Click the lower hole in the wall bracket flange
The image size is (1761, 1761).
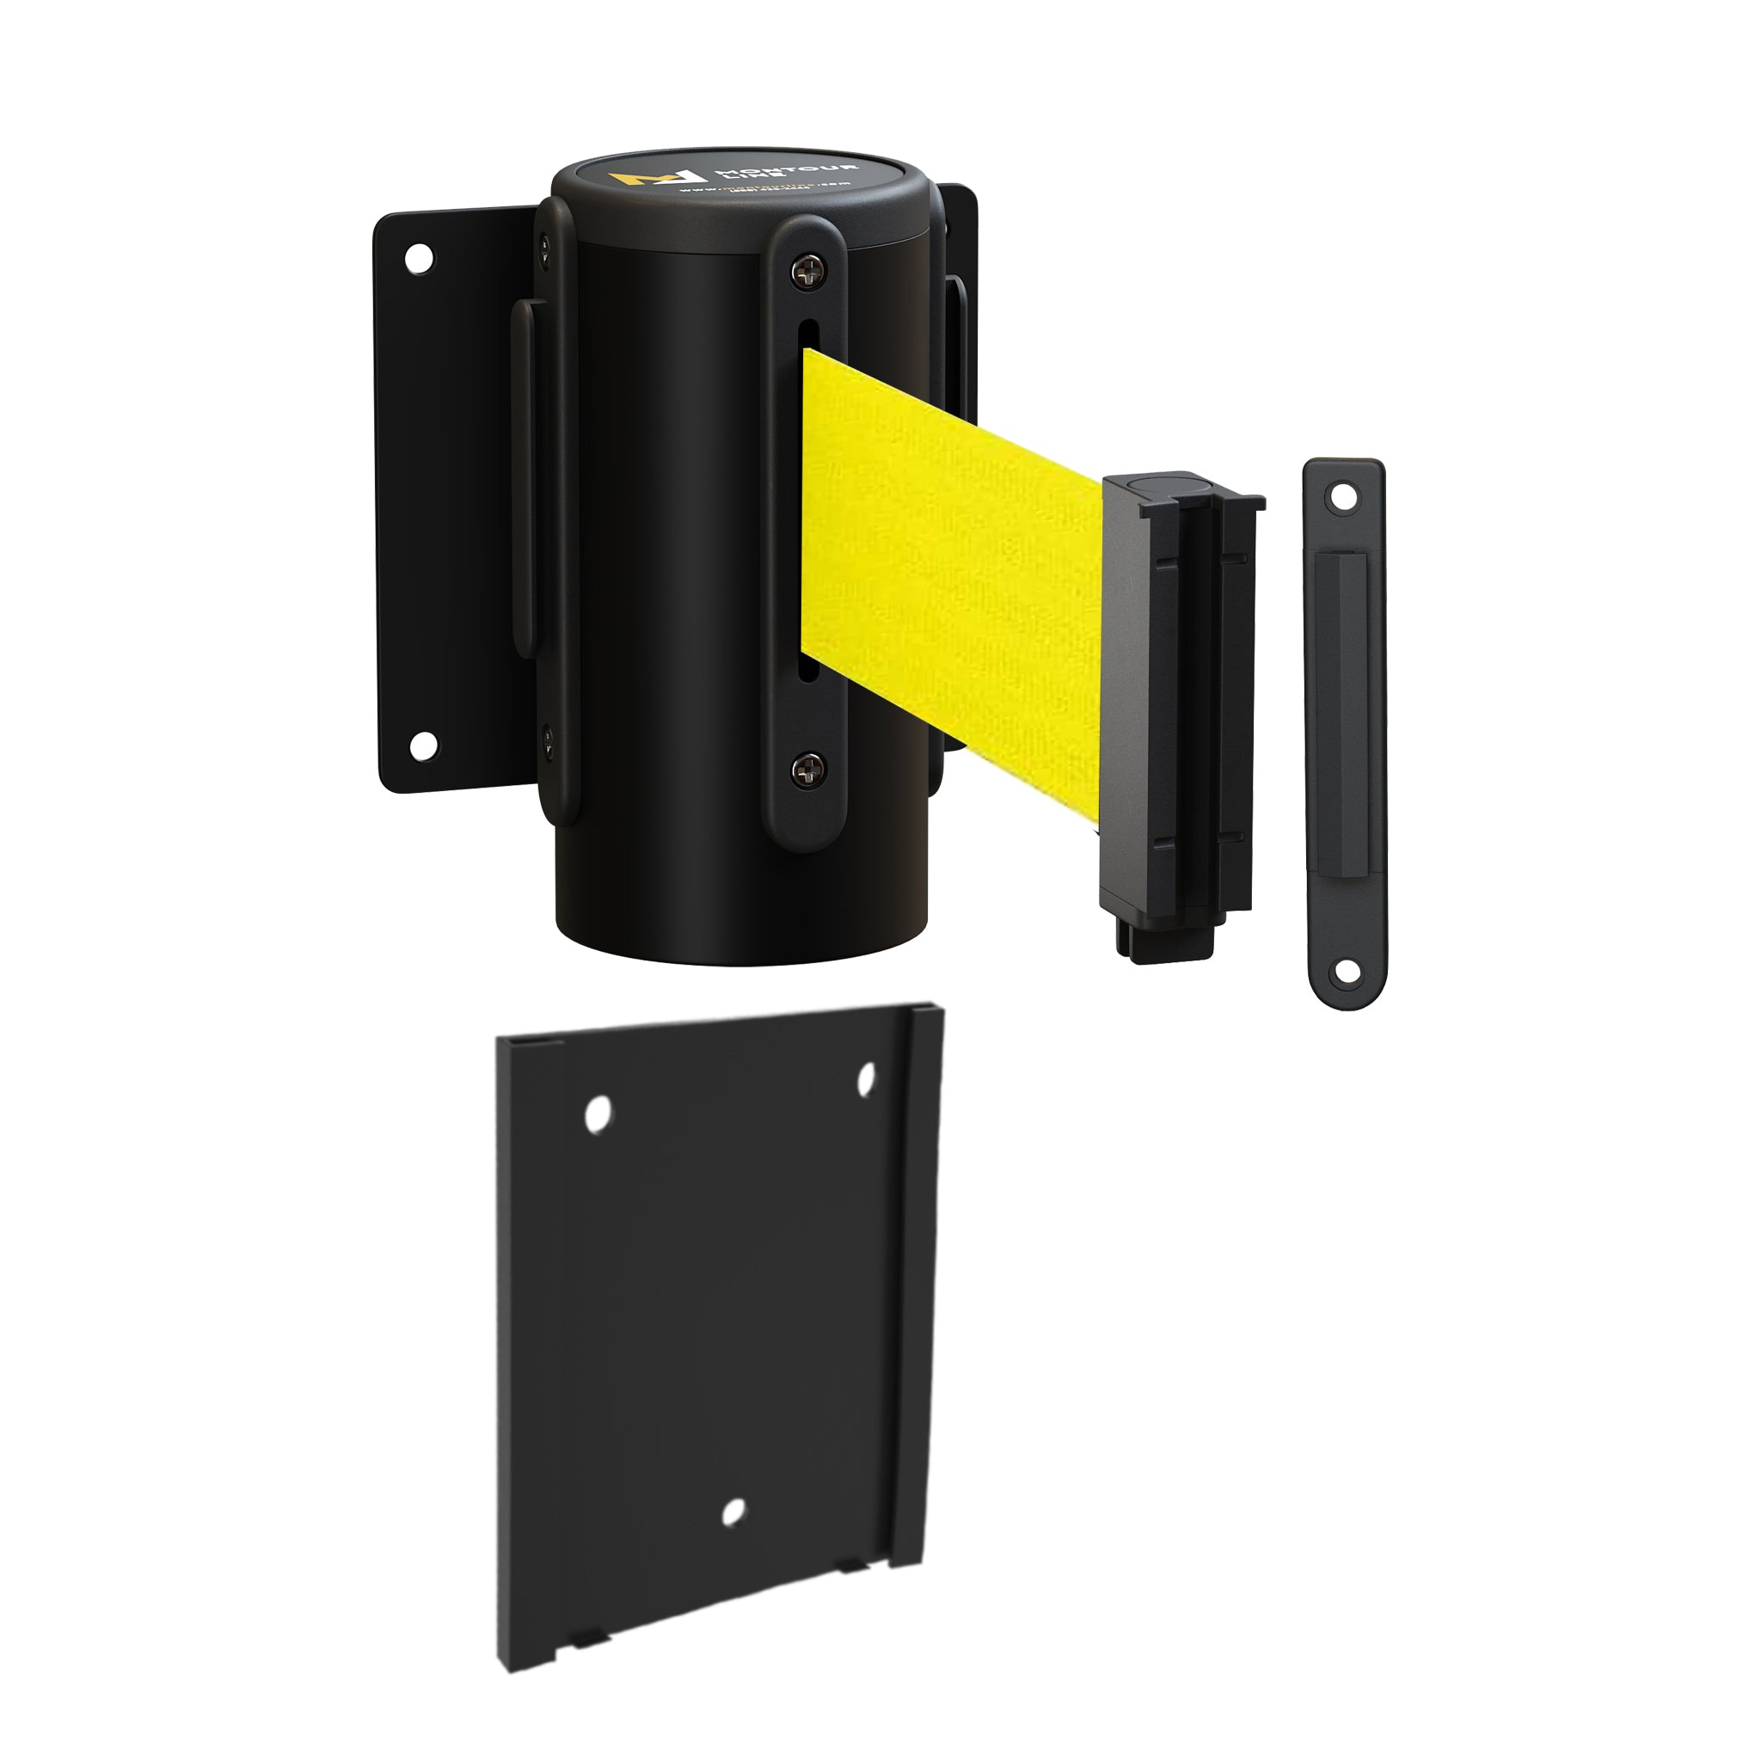421,746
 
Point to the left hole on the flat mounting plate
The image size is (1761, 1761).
598,1114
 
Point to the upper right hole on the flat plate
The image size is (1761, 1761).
865,1079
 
